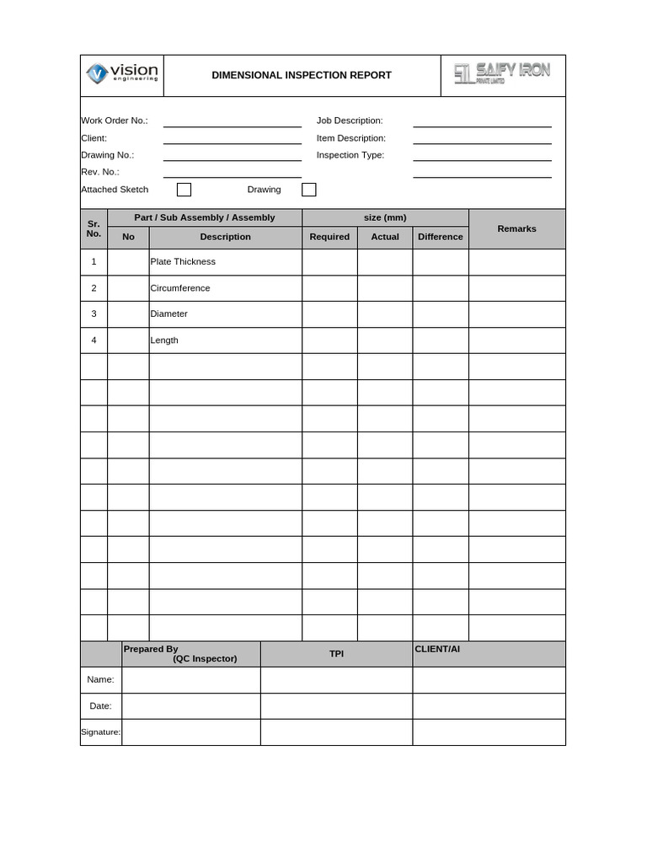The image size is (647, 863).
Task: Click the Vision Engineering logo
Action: pos(122,74)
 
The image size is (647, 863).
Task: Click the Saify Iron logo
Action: pos(502,73)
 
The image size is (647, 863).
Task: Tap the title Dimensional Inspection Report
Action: pos(301,75)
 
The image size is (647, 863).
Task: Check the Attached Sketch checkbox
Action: pos(184,190)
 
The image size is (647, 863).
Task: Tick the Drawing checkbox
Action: pos(309,190)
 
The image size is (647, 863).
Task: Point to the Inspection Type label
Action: pos(350,155)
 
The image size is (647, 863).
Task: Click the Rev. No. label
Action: pos(100,172)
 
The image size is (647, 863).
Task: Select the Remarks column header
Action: pos(516,228)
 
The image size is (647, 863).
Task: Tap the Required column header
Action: pos(329,237)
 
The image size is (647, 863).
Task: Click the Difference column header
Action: pos(441,237)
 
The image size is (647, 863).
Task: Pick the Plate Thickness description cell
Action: pos(225,262)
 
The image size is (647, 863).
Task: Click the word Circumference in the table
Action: pos(180,288)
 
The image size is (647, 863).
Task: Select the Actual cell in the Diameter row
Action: pos(385,314)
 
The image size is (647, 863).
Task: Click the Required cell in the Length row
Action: pos(329,340)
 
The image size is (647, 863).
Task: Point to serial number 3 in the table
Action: pos(94,314)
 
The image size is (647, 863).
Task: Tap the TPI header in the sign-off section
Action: pos(336,653)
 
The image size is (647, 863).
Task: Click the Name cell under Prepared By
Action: pos(191,680)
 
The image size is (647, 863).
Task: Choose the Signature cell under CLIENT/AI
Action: pos(489,732)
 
